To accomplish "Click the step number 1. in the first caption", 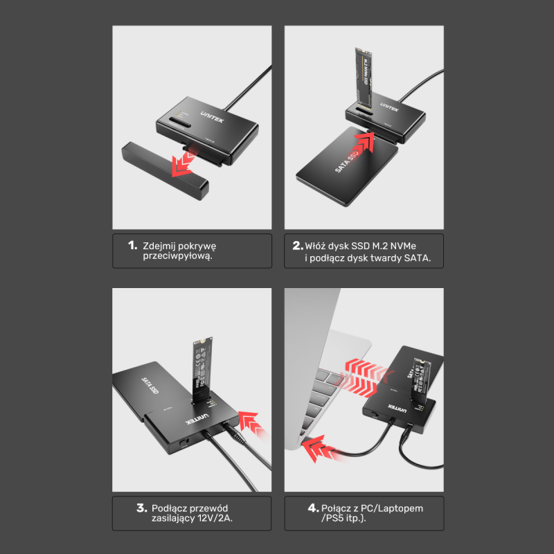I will click(x=132, y=246).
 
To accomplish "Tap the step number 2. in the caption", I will click(x=298, y=246).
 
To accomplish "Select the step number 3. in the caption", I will click(x=141, y=508).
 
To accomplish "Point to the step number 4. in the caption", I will click(x=313, y=508).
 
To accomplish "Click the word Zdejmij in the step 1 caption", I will click(x=161, y=246).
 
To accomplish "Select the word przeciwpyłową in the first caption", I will click(x=172, y=256).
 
